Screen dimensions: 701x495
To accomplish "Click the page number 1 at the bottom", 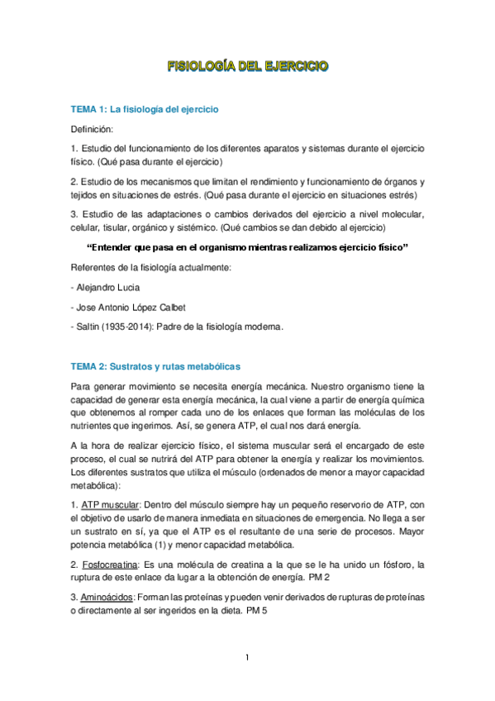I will click(x=247, y=659).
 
